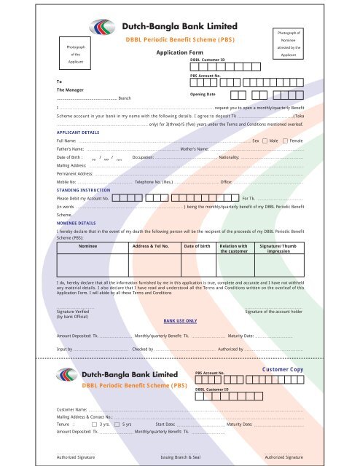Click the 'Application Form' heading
click(x=179, y=53)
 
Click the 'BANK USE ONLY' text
click(x=181, y=320)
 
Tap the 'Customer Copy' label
click(x=282, y=371)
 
